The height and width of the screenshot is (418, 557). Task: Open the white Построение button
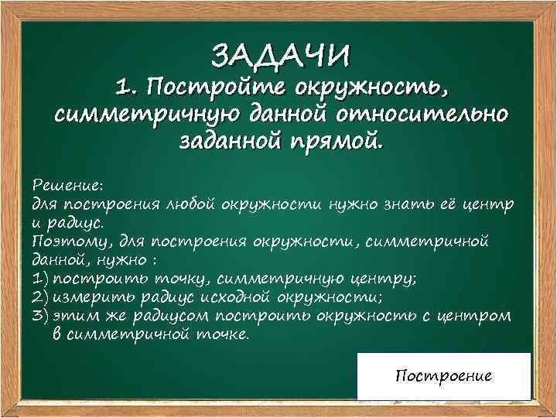coord(443,376)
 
